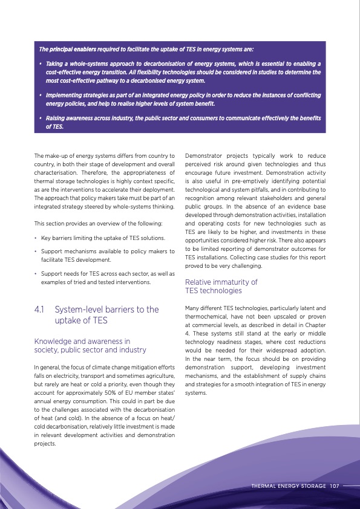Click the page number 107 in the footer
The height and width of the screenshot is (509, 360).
[x=335, y=485]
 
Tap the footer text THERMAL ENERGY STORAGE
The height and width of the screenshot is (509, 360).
[x=289, y=485]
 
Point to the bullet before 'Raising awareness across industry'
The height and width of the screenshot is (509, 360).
[x=40, y=118]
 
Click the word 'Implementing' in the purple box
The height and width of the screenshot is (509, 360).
[x=64, y=96]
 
